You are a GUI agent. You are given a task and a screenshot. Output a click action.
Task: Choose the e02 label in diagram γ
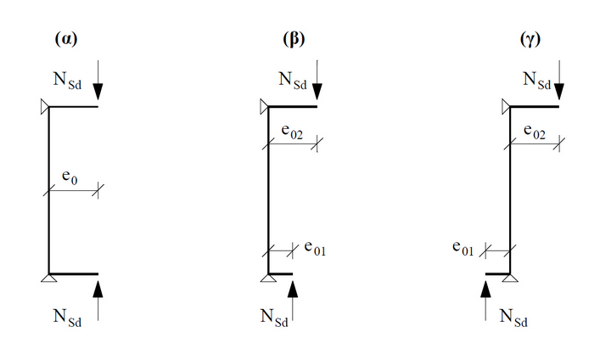point(535,132)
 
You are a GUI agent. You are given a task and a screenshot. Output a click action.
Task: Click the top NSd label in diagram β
point(293,80)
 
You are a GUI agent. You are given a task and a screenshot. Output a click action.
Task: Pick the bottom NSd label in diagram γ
point(516,317)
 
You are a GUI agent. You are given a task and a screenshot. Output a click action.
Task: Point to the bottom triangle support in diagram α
point(48,278)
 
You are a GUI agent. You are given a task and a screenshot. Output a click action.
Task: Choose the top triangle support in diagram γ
point(506,106)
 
